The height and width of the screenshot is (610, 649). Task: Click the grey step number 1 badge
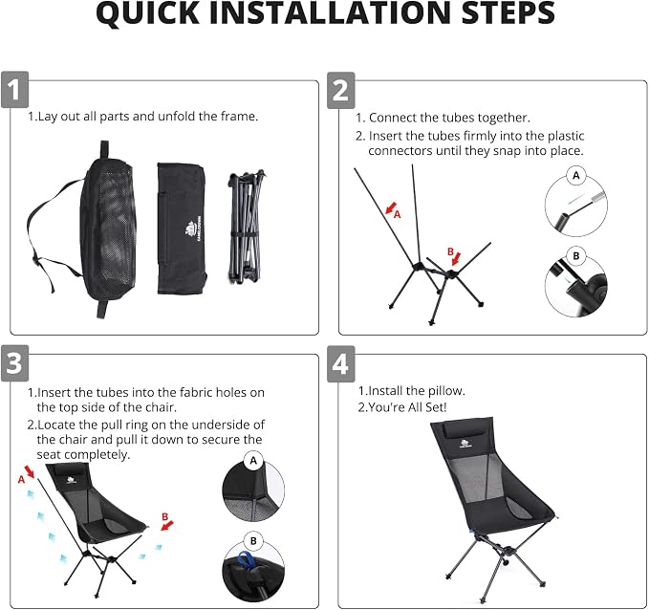point(15,90)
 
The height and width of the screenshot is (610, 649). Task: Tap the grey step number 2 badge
point(341,90)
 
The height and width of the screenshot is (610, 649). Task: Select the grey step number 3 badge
point(15,363)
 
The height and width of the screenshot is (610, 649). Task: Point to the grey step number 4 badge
point(341,364)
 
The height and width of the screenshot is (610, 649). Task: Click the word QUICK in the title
point(148,13)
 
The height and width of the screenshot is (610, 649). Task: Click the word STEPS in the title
point(508,12)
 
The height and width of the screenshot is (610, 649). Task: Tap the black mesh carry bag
point(83,229)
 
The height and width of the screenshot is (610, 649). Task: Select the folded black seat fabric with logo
point(182,229)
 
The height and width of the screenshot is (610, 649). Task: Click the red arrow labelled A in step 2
point(391,207)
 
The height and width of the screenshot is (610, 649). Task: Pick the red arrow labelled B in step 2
point(456,259)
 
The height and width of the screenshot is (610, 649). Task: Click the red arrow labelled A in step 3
point(29,470)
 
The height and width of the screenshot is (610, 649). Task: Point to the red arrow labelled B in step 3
point(167,526)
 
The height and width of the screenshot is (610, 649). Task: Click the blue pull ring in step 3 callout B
point(248,560)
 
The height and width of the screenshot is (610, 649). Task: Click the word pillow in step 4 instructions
point(445,390)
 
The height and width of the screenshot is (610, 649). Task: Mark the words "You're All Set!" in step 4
point(407,407)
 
